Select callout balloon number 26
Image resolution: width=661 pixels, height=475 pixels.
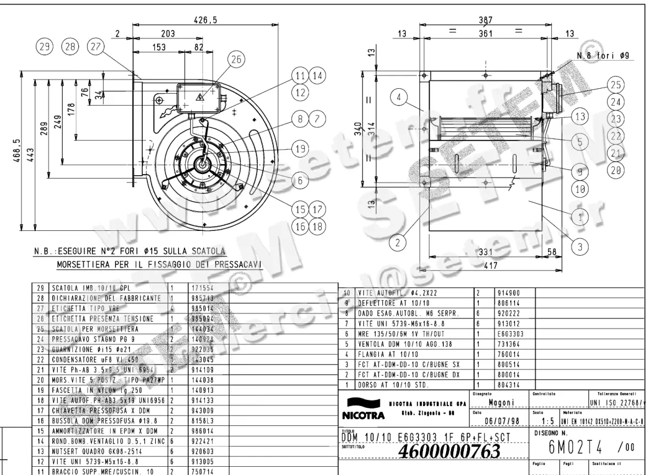(235, 60)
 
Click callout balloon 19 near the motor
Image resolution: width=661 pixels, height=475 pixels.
(299, 149)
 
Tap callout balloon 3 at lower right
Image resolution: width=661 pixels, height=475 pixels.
(579, 246)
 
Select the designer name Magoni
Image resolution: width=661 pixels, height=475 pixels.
(501, 403)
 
